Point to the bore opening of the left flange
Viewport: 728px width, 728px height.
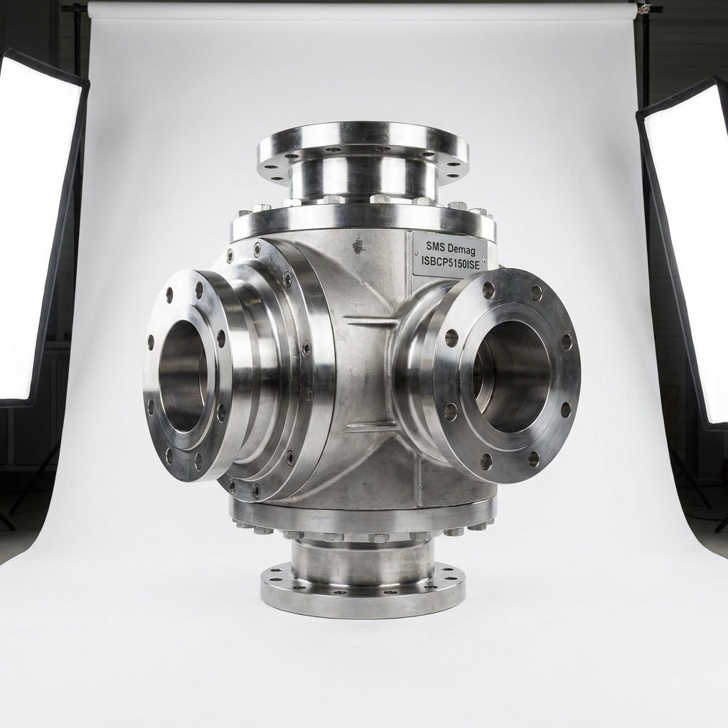[183, 376]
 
